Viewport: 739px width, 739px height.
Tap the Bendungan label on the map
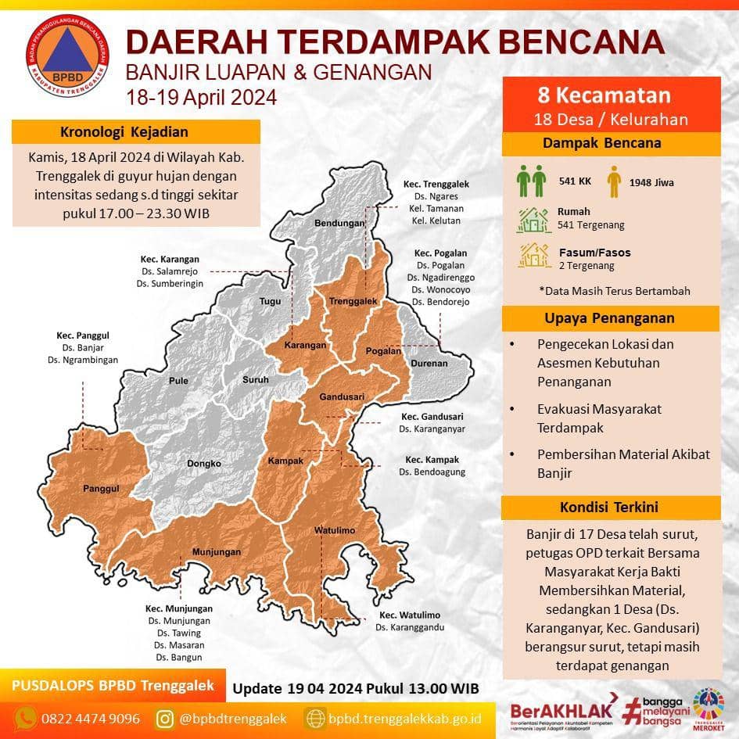[x=340, y=224]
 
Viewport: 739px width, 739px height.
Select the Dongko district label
[x=204, y=464]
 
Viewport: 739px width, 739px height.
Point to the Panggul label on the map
[x=100, y=489]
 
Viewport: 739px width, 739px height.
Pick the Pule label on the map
[x=178, y=382]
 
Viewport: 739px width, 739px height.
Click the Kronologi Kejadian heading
[x=124, y=131]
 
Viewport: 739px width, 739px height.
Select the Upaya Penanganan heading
[x=609, y=318]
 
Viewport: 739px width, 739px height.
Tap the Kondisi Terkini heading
[x=609, y=507]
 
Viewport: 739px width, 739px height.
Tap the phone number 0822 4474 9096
[x=91, y=717]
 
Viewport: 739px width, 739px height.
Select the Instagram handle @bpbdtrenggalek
[x=233, y=717]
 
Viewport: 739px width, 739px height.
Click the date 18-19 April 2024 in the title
[x=202, y=98]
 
